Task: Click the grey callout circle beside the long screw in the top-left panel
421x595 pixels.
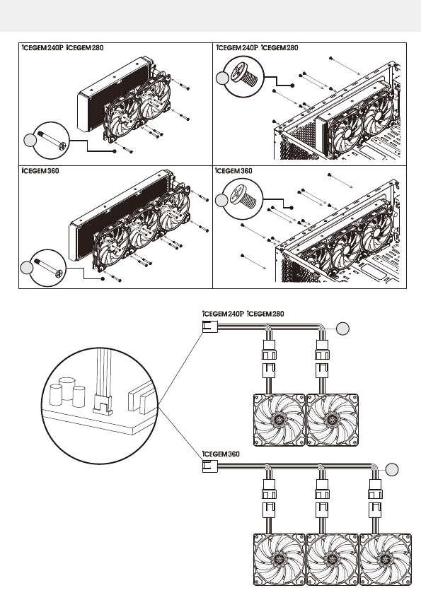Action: coord(30,141)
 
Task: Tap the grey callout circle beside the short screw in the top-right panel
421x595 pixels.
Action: coord(222,78)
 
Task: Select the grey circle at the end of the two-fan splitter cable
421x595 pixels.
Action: coord(342,329)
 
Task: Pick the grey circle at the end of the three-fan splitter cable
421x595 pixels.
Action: coord(392,470)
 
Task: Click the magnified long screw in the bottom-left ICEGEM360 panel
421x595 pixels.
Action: coord(49,267)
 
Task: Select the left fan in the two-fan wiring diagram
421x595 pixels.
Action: coord(279,420)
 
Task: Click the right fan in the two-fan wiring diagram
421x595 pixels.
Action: coord(333,420)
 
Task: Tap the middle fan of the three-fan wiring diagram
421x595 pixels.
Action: coord(333,560)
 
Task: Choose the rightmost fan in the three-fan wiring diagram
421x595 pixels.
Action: coord(386,560)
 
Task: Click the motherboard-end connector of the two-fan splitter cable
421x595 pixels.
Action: coord(209,326)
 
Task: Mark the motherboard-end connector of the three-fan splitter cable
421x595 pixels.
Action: coord(209,466)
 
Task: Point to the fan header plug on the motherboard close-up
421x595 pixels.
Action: coord(103,406)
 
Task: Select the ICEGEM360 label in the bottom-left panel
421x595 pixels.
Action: coord(40,171)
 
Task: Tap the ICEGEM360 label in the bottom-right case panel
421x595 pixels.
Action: coord(233,171)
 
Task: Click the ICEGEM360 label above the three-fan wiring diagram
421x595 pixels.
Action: coord(221,454)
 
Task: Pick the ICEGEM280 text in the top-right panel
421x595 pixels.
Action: coord(279,48)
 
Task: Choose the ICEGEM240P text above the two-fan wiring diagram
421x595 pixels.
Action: coord(223,314)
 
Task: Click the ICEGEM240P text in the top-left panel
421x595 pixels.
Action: coord(42,48)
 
